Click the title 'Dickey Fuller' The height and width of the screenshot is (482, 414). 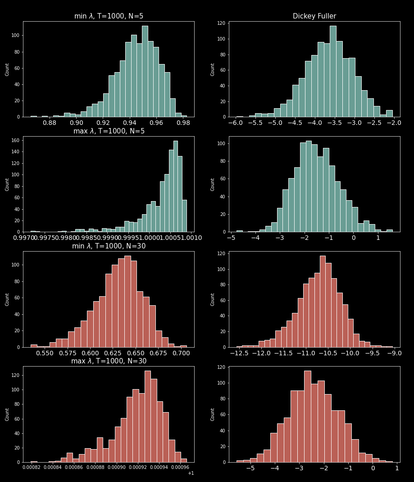314,16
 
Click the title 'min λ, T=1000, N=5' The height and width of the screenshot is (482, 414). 109,16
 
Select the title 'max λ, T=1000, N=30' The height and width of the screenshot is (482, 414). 109,361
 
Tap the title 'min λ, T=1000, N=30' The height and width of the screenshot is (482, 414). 109,246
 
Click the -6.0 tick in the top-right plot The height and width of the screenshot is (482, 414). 235,123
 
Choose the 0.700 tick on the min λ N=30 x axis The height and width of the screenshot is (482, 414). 181,353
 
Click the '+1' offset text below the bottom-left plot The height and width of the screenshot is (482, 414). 191,473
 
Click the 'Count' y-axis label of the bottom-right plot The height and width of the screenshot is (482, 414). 212,414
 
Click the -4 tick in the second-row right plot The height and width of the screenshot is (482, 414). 255,238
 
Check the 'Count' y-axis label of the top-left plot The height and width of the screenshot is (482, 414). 7,69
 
